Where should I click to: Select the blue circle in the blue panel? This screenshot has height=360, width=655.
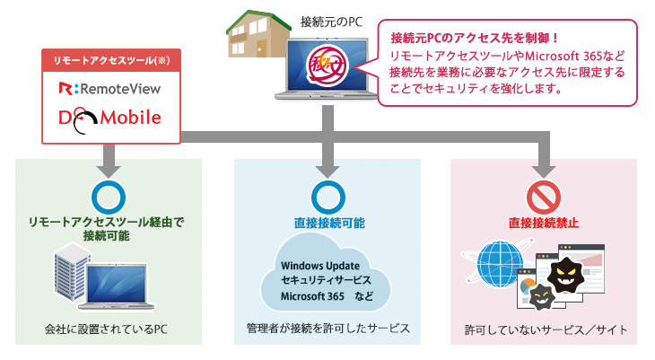pos(325,195)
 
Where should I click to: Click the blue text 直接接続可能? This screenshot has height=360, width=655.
pos(325,222)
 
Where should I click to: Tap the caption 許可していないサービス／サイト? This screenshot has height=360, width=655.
pos(545,329)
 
